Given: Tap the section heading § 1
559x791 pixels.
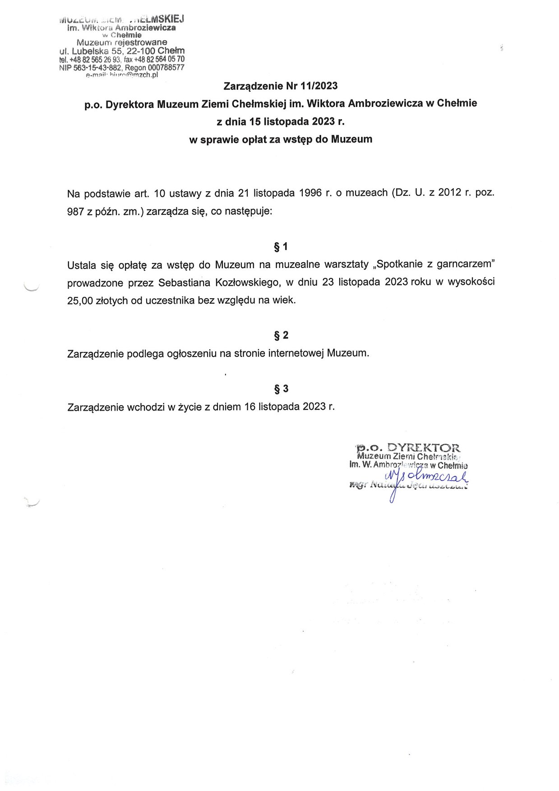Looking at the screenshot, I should click(281, 247).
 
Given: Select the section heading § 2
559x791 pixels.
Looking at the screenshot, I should click(281, 335).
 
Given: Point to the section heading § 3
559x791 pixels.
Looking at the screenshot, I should click(281, 389).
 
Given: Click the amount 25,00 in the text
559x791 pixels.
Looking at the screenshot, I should click(80, 301).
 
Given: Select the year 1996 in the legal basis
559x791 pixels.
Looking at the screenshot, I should click(307, 193).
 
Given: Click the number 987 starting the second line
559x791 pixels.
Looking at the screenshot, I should click(76, 211).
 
